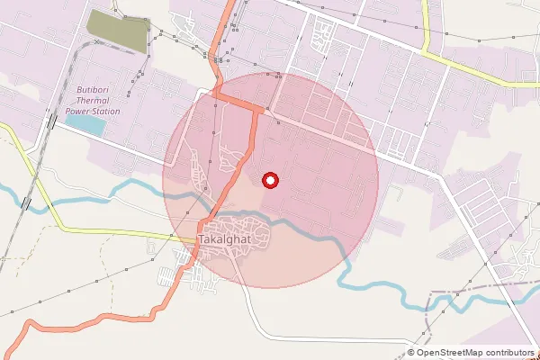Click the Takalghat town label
pyautogui.click(x=224, y=239)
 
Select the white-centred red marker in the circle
pyautogui.click(x=269, y=181)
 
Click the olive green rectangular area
pyautogui.click(x=118, y=31)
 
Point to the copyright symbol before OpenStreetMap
pyautogui.click(x=411, y=353)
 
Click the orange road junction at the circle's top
pyautogui.click(x=259, y=109)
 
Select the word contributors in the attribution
pyautogui.click(x=508, y=353)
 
